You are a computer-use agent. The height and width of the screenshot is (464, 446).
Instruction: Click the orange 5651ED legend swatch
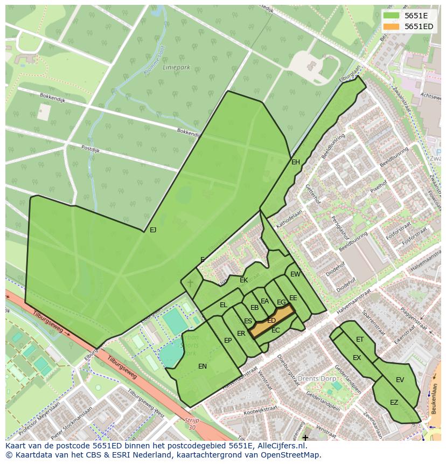point(392,26)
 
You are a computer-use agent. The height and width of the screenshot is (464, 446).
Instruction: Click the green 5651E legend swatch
point(392,16)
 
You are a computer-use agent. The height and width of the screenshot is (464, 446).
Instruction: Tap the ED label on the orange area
point(271,321)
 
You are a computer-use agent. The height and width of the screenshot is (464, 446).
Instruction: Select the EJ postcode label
point(153,230)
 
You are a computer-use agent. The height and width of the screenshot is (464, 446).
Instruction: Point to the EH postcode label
point(296,162)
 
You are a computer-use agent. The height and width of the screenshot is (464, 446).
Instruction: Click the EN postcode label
point(203,366)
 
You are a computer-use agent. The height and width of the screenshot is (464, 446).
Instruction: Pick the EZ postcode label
point(394,403)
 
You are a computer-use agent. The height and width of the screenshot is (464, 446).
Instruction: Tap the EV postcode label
point(400,380)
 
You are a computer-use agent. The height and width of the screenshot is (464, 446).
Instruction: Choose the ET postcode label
point(360,340)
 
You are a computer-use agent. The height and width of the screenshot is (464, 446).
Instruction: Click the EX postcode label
point(357,358)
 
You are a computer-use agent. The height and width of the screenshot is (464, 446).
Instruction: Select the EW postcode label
point(295,274)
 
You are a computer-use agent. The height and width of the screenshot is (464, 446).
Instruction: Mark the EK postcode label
point(244,280)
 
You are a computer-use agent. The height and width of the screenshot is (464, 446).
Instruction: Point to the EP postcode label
point(228,341)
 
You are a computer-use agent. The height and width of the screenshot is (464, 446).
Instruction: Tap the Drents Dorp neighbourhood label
point(316,378)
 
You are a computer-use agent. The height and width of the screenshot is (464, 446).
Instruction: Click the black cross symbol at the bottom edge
point(305,438)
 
